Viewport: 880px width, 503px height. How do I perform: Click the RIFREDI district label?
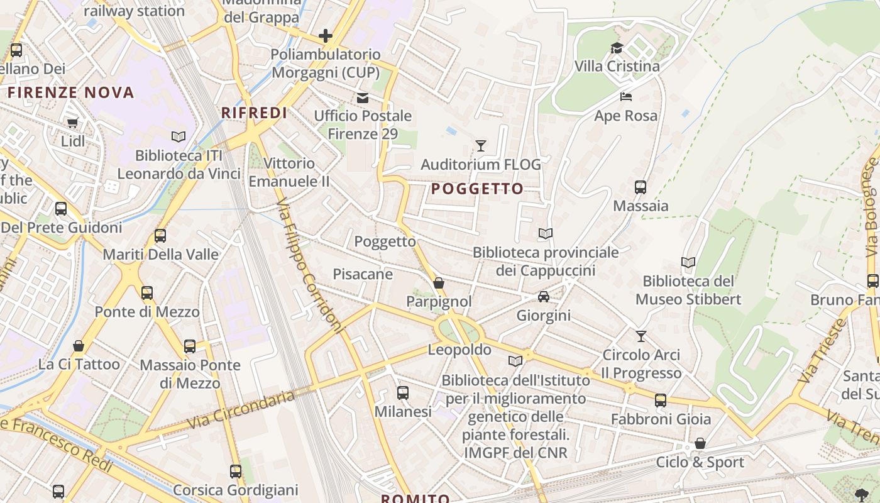pyautogui.click(x=254, y=113)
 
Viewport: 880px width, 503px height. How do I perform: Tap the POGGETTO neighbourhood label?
pyautogui.click(x=477, y=189)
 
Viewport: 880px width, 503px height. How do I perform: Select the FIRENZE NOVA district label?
pyautogui.click(x=71, y=92)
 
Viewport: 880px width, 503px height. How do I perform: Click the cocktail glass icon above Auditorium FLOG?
pyautogui.click(x=481, y=146)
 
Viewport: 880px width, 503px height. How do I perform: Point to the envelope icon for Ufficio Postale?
pyautogui.click(x=363, y=97)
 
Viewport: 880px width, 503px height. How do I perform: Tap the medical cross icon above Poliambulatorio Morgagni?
pyautogui.click(x=325, y=35)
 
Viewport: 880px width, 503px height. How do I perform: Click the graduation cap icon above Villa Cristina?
pyautogui.click(x=617, y=48)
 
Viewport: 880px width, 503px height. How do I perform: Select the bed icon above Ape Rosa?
pyautogui.click(x=626, y=97)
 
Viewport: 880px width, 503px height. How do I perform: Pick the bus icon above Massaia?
pyautogui.click(x=641, y=187)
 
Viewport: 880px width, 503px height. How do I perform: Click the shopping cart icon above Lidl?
pyautogui.click(x=72, y=123)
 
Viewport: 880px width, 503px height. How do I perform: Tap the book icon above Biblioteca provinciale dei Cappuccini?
pyautogui.click(x=546, y=234)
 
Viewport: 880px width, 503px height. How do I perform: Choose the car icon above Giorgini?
pyautogui.click(x=544, y=296)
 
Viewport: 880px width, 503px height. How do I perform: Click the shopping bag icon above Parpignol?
pyautogui.click(x=439, y=284)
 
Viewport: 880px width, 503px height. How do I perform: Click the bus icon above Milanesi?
pyautogui.click(x=403, y=393)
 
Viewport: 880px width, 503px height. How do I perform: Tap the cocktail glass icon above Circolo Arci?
pyautogui.click(x=641, y=336)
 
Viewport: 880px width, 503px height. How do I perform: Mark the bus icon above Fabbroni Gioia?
pyautogui.click(x=661, y=401)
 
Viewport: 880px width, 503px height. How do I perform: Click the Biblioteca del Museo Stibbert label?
pyautogui.click(x=688, y=290)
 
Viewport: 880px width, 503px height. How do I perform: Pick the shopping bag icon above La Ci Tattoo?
pyautogui.click(x=79, y=346)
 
